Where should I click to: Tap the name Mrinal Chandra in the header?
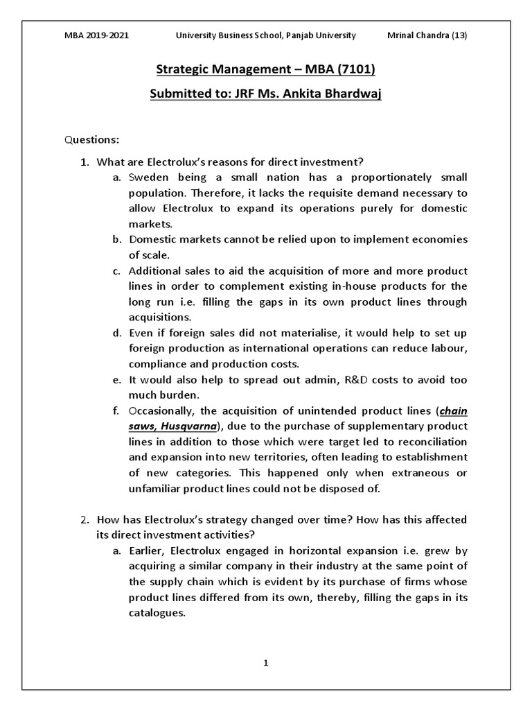[416, 35]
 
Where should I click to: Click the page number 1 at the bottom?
[265, 663]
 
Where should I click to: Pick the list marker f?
[115, 410]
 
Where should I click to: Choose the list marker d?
[115, 333]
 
